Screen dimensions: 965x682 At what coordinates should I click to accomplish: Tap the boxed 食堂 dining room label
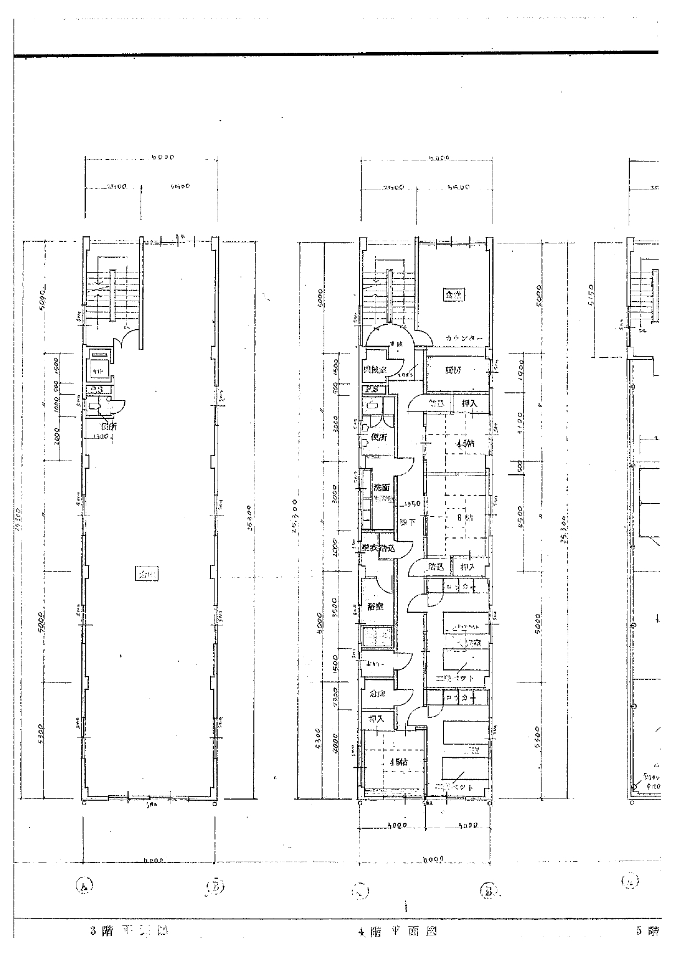(x=454, y=295)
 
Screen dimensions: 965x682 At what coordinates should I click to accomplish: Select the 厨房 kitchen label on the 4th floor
(x=453, y=370)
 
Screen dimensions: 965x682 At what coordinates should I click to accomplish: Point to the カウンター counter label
(x=464, y=338)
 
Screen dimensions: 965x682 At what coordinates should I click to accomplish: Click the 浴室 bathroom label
(x=375, y=607)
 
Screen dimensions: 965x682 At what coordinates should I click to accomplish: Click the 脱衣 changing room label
(x=370, y=548)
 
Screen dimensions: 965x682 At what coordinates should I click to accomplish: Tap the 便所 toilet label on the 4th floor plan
(x=379, y=437)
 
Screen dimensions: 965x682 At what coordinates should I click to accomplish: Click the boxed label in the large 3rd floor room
(x=147, y=575)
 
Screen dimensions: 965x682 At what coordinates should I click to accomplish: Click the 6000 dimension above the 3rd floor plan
(x=163, y=157)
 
